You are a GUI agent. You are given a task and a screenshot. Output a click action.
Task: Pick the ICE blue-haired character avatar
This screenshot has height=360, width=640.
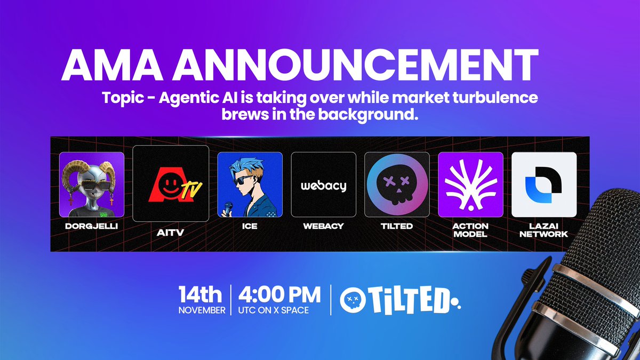(250, 185)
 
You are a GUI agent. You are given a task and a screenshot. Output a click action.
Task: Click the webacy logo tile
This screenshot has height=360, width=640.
(323, 185)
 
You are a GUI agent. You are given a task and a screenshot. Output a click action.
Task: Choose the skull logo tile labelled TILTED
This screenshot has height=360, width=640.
(397, 185)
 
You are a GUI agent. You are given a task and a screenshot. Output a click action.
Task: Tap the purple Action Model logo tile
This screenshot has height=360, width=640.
(471, 185)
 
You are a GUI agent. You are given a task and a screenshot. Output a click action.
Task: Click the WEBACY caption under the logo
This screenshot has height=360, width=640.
(323, 226)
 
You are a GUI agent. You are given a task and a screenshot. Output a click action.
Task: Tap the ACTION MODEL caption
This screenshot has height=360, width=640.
(471, 230)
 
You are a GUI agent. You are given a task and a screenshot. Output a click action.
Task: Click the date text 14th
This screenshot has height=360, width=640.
(202, 295)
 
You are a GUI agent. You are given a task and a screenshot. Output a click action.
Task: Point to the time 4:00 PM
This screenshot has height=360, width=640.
(279, 295)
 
